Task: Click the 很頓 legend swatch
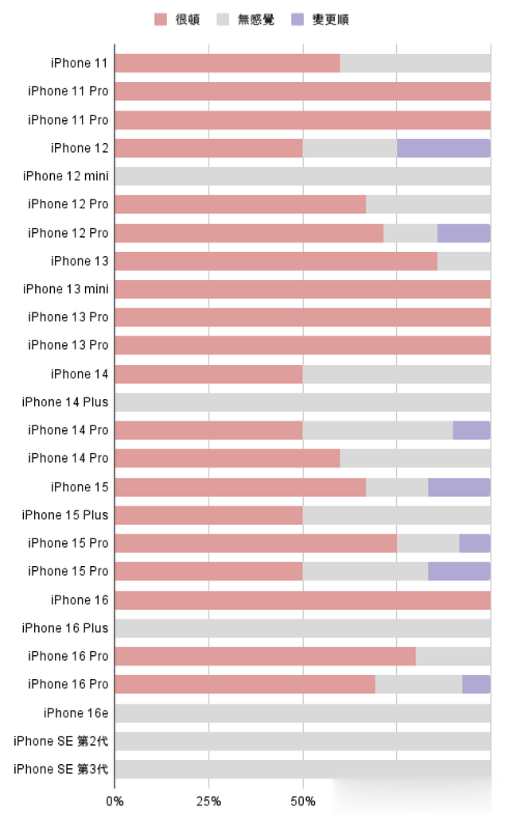click(x=161, y=20)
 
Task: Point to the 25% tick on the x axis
click(x=208, y=801)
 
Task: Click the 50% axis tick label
click(x=303, y=801)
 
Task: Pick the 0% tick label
click(x=115, y=801)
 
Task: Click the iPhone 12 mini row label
click(x=65, y=176)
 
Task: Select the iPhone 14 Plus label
click(x=65, y=402)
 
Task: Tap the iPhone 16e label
click(x=76, y=712)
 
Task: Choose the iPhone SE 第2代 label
click(x=61, y=741)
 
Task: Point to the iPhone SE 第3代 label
click(x=61, y=769)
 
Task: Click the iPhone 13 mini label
click(x=65, y=289)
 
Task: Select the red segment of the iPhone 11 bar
click(x=227, y=64)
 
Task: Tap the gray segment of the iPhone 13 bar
click(x=464, y=261)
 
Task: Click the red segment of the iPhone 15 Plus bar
click(x=208, y=515)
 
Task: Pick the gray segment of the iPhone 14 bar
click(x=396, y=374)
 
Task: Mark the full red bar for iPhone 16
click(x=302, y=600)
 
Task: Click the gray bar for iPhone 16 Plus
click(x=302, y=628)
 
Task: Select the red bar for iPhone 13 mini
click(x=302, y=289)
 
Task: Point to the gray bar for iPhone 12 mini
click(x=302, y=176)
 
